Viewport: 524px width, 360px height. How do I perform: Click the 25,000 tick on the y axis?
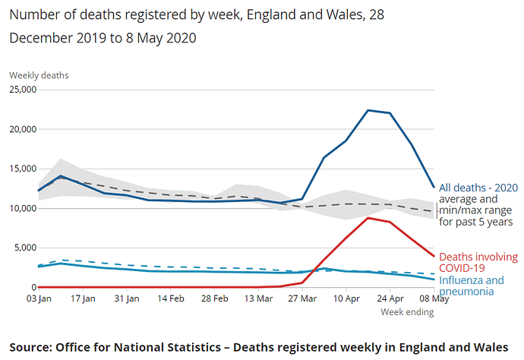coord(22,90)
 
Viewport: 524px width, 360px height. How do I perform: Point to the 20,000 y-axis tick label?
coord(22,129)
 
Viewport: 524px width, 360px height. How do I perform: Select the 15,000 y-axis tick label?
coord(22,169)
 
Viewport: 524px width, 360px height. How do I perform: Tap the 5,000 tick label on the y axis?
coord(24,248)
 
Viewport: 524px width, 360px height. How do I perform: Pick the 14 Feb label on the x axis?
coord(171,298)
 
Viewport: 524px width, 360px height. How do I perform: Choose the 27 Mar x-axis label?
coord(301,298)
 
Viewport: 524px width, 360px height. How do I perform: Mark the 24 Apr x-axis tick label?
coord(390,298)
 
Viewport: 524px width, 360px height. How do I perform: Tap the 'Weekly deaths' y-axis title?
coord(39,75)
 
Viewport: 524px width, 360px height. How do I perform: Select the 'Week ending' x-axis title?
coord(406,311)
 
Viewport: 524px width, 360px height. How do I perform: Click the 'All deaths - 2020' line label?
coord(478,188)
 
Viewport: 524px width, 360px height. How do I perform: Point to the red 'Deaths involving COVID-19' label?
coord(478,263)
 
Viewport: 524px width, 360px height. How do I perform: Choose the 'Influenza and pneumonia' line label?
coord(472,286)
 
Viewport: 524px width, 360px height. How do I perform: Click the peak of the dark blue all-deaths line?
coord(368,110)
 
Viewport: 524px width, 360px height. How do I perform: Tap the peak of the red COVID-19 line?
coord(368,218)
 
